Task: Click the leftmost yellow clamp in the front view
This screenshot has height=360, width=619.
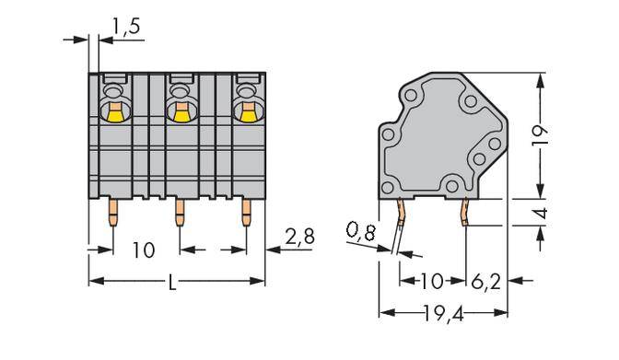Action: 116,114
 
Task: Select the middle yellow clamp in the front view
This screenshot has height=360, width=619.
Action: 181,114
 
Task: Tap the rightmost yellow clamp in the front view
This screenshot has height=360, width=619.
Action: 246,114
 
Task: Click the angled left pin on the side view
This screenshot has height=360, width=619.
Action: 402,221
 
